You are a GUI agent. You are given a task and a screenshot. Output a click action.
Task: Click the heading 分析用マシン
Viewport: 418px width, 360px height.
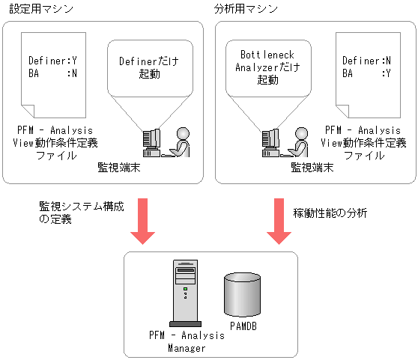click(x=246, y=9)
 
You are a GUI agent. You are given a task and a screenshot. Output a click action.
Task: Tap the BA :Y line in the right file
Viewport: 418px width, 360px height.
click(x=366, y=73)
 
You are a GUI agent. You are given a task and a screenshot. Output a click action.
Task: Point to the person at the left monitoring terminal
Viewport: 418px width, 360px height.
click(x=180, y=141)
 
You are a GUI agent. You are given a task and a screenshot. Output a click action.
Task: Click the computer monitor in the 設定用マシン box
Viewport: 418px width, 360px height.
click(x=152, y=140)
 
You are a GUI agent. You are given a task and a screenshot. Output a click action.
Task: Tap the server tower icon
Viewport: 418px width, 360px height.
click(x=184, y=292)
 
